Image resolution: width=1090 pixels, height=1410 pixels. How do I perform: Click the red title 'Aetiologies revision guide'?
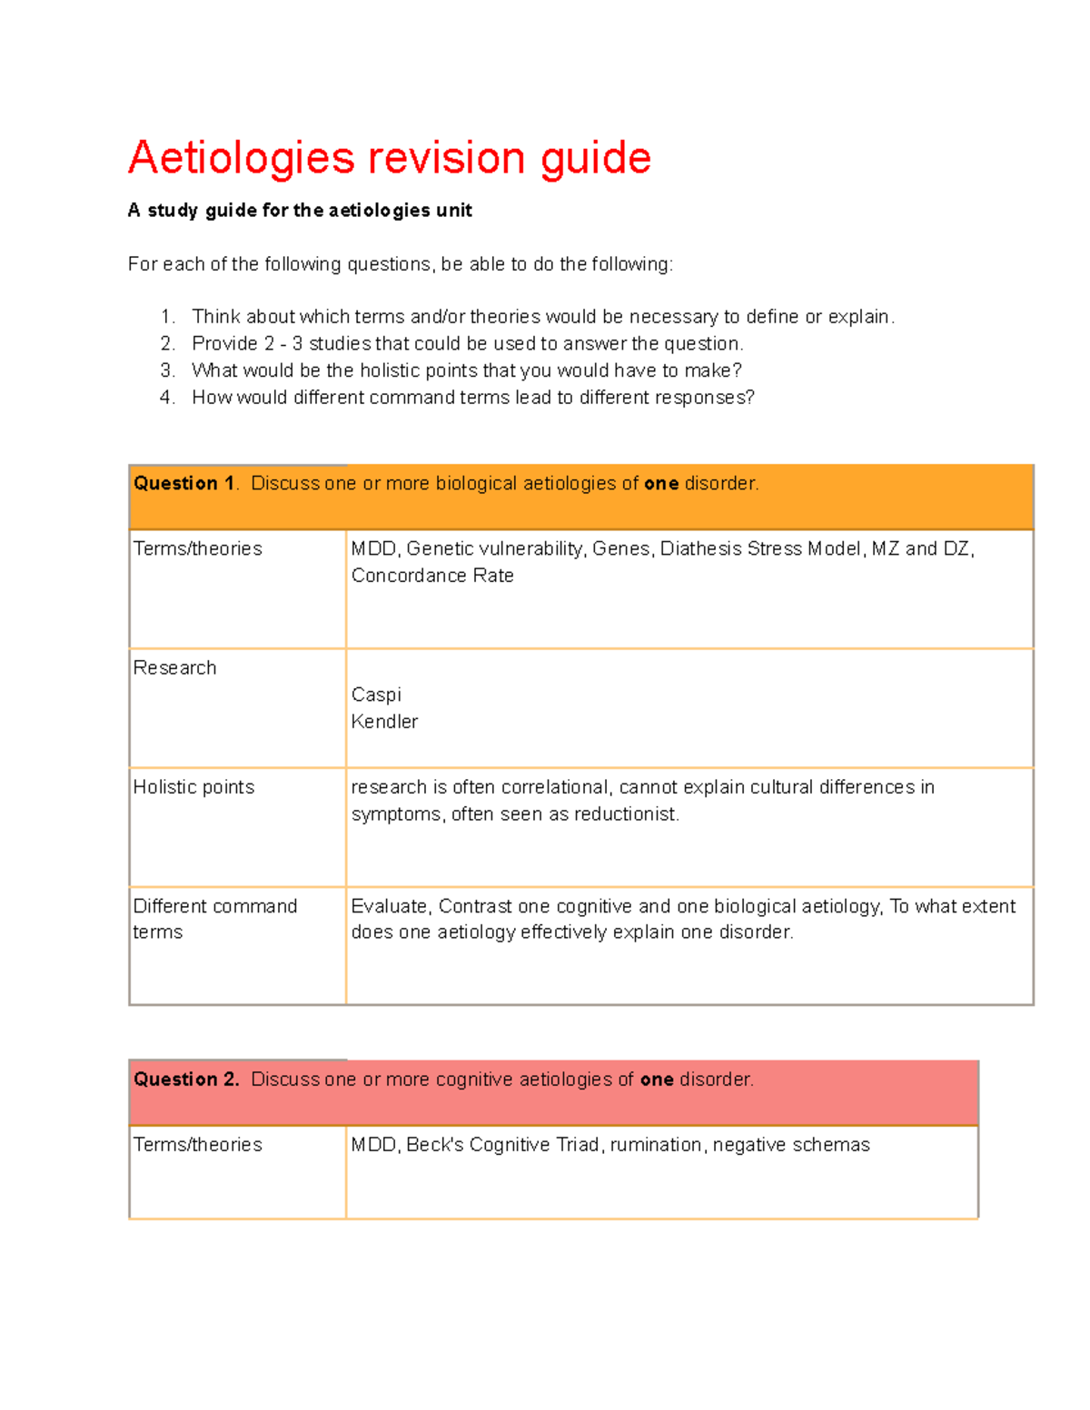pos(390,158)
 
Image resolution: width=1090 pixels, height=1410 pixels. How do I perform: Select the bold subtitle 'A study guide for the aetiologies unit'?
pos(300,211)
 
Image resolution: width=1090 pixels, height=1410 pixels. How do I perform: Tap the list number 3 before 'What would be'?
pos(166,370)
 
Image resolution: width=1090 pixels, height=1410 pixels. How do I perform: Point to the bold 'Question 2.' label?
pos(186,1080)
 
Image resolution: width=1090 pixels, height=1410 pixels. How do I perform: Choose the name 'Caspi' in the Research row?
pos(376,695)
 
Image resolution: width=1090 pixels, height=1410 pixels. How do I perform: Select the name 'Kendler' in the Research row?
pos(384,722)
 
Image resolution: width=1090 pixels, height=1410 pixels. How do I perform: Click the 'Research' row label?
pos(174,668)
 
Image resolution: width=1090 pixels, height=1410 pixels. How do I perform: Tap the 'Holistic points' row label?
pos(193,787)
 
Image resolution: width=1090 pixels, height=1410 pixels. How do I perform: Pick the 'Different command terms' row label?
pos(214,919)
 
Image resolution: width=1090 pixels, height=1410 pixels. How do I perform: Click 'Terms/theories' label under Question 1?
pos(197,549)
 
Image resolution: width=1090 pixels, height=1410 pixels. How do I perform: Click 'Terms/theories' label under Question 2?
pos(197,1145)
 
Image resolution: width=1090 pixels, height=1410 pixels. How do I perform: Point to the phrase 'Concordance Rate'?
pos(432,576)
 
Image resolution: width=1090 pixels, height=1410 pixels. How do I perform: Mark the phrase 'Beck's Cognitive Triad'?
pos(502,1145)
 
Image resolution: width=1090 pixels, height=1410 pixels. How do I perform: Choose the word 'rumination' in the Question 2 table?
pos(656,1145)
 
